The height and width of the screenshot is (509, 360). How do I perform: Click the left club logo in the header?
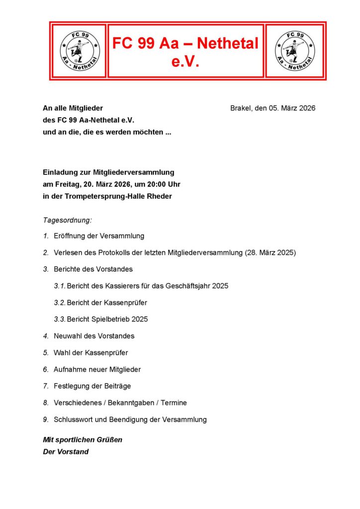pos(80,50)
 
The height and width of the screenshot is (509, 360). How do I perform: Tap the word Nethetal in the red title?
pos(228,44)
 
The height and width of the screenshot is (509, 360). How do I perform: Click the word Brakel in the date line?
pos(241,108)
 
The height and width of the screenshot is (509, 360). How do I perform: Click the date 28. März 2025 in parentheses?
pos(270,253)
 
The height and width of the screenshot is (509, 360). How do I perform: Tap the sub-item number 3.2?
pos(60,302)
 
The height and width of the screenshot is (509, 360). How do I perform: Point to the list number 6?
pos(45,369)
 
